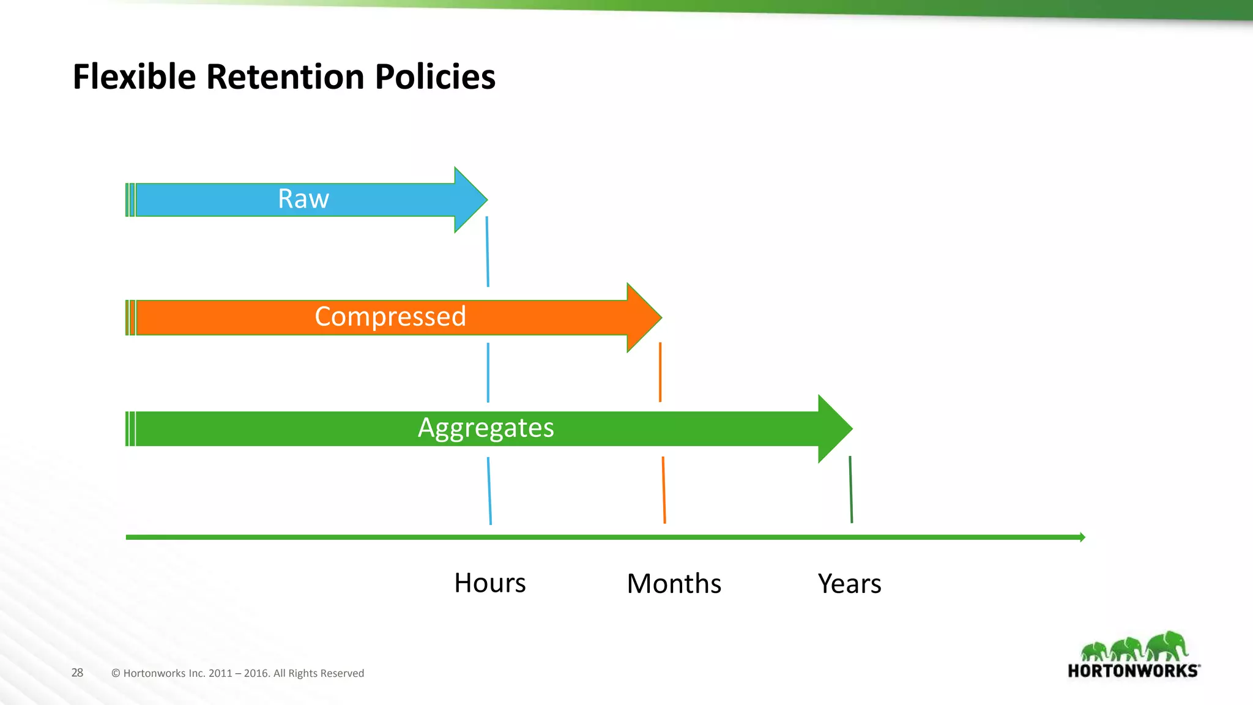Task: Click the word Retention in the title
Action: [x=286, y=77]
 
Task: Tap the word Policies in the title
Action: [x=434, y=77]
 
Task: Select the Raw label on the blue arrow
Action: [x=303, y=199]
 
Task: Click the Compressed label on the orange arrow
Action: [x=390, y=316]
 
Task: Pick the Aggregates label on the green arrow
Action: [x=486, y=428]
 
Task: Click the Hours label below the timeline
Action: [x=490, y=583]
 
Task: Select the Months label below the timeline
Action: [x=674, y=583]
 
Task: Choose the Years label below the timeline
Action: [x=849, y=583]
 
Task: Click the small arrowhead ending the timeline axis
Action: [x=1082, y=537]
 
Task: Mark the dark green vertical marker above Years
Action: [x=850, y=489]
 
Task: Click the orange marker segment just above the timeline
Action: [x=664, y=490]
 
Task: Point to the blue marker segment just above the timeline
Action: [x=489, y=491]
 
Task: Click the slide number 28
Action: [x=77, y=673]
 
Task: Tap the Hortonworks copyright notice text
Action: [x=237, y=673]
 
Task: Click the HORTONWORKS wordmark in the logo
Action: [x=1133, y=671]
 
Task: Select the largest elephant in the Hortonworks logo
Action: [x=1167, y=645]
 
